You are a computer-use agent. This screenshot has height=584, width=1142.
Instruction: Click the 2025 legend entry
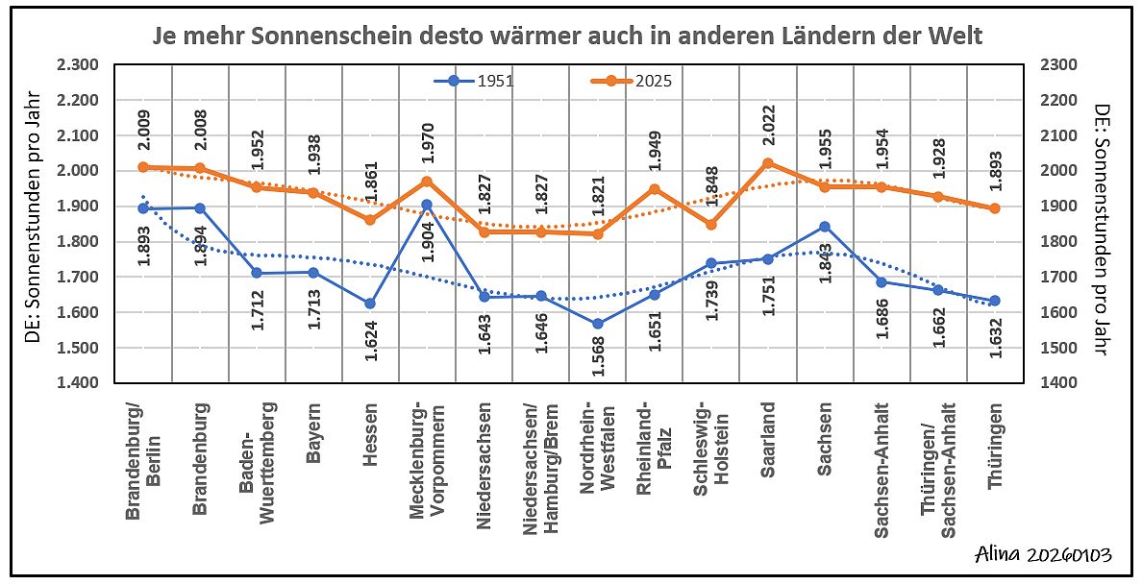632,81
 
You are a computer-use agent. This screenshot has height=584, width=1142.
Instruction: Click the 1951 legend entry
474,81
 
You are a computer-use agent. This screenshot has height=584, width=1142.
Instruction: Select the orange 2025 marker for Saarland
768,163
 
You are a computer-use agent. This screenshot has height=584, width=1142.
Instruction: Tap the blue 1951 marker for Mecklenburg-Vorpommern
427,205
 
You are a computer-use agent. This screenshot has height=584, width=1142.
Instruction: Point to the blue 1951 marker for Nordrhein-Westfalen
598,324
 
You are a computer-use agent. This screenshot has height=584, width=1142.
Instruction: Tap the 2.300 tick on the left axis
78,64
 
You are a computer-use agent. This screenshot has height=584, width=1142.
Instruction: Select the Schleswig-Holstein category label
712,451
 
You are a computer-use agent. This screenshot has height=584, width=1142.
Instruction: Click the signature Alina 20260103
1042,555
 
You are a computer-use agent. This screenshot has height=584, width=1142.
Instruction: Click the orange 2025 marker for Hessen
370,220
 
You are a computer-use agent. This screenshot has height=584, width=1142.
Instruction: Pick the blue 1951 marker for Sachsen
825,227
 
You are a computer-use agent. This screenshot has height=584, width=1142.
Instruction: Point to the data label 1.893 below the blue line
143,247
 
